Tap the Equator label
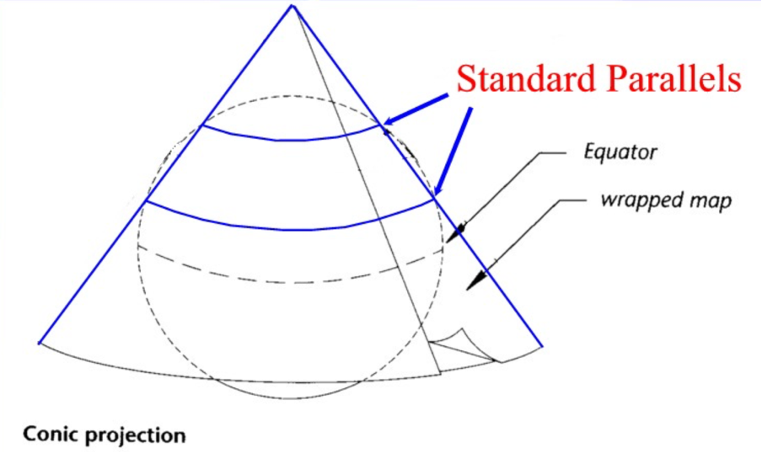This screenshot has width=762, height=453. point(620,153)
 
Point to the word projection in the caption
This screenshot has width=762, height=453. point(136,436)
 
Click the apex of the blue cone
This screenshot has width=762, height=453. point(292,6)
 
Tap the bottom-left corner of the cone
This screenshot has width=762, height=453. point(40,342)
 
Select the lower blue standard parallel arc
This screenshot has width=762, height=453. point(287,228)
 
